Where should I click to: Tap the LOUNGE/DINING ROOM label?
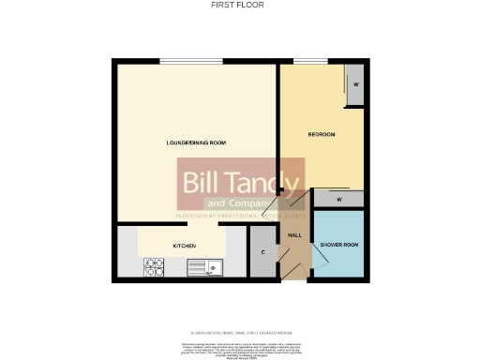tap(196, 142)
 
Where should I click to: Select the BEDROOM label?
tap(322, 135)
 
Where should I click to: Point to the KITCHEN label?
tap(184, 246)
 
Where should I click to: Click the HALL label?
tap(293, 234)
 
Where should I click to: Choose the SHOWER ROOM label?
tap(338, 245)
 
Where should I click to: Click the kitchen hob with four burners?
tap(154, 268)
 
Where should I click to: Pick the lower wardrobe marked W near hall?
tap(337, 199)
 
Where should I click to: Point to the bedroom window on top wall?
tap(316, 62)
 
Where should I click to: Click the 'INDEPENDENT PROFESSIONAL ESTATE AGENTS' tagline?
tap(241, 217)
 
